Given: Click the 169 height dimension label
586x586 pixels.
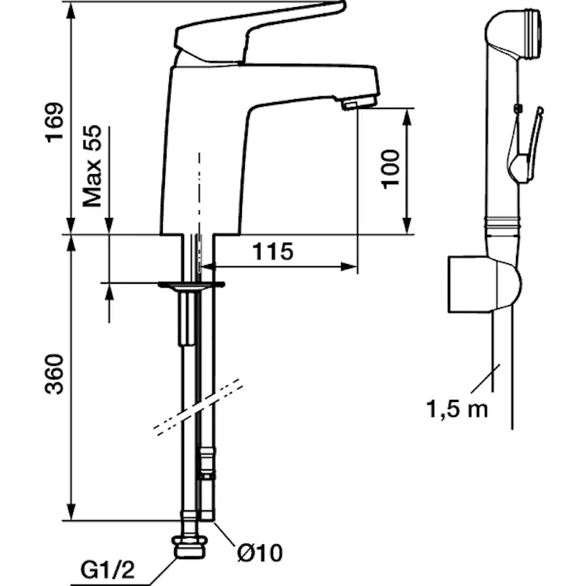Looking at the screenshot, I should coord(54,122).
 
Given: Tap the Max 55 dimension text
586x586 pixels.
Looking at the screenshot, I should coord(93,167).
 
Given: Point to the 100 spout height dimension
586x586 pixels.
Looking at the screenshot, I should coord(391,168).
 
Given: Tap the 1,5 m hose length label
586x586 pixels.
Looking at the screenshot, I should coord(456,408).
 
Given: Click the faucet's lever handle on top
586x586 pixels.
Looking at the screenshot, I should coord(258,28).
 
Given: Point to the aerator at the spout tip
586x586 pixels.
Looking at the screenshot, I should coord(357,103).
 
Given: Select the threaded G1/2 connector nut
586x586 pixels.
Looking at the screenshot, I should coord(190,546).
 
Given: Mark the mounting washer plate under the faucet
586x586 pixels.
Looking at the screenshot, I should coord(191,285).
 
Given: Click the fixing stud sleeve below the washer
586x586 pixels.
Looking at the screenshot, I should coord(188,318).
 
